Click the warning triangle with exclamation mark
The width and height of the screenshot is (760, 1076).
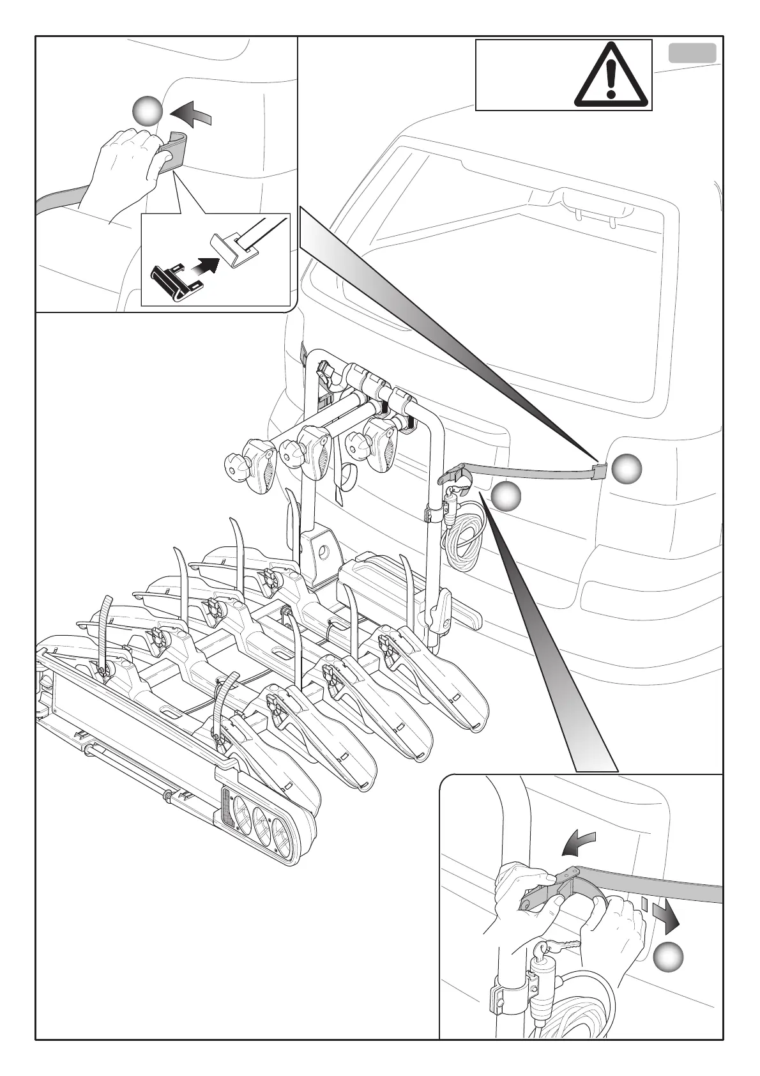[x=611, y=75]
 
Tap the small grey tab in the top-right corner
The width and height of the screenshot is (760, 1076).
[x=692, y=52]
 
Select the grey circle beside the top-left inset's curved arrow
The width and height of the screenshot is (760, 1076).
[x=148, y=113]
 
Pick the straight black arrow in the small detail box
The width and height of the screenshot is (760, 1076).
[x=204, y=266]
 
